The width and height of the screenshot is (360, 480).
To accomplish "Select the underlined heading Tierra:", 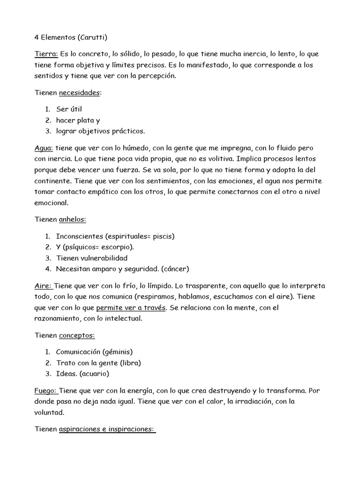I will click(46, 54).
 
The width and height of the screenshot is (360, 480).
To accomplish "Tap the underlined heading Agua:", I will click(44, 148).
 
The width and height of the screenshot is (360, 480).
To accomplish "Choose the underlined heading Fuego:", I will click(46, 390).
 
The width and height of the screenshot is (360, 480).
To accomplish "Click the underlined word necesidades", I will click(79, 93).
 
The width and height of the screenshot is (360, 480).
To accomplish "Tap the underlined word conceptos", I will click(77, 336).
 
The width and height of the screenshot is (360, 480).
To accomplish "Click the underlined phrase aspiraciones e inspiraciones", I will click(107, 430).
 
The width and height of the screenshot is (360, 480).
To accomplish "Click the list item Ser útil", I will click(69, 109).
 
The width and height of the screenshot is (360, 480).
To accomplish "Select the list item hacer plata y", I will click(78, 120).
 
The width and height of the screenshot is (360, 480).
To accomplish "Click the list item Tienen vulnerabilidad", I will click(91, 258).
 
